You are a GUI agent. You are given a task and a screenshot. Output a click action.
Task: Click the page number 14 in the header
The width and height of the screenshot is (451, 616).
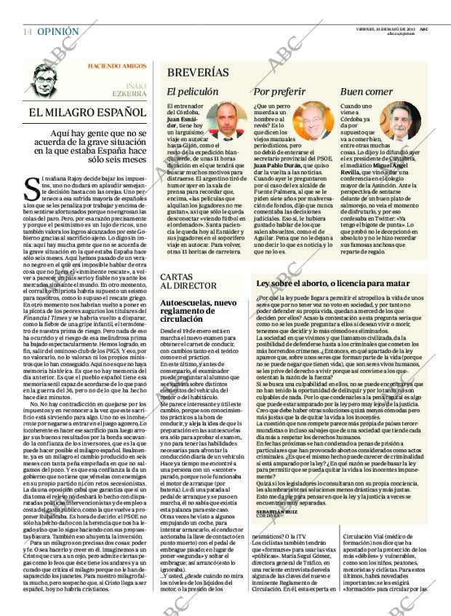[27, 31]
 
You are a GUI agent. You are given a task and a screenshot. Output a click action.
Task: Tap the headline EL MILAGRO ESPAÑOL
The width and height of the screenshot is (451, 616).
[87, 113]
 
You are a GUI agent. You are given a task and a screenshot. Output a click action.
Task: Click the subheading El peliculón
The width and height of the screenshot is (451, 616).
[192, 92]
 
